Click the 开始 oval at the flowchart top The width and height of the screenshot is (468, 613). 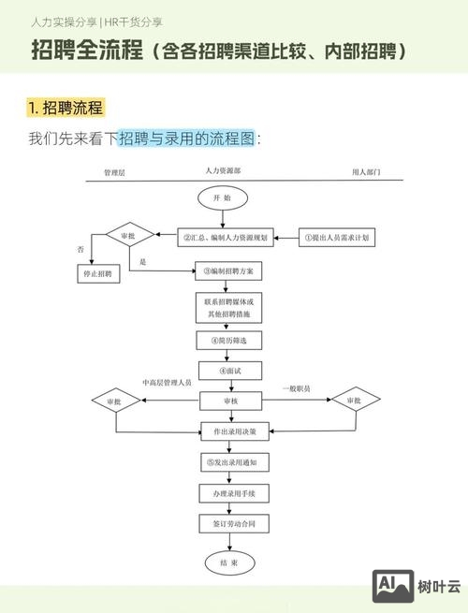222,198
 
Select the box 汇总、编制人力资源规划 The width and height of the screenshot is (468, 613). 226,238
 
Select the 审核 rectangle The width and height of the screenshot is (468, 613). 229,401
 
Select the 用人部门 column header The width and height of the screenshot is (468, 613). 366,173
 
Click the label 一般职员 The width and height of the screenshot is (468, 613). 296,387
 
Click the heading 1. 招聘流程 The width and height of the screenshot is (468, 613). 66,107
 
